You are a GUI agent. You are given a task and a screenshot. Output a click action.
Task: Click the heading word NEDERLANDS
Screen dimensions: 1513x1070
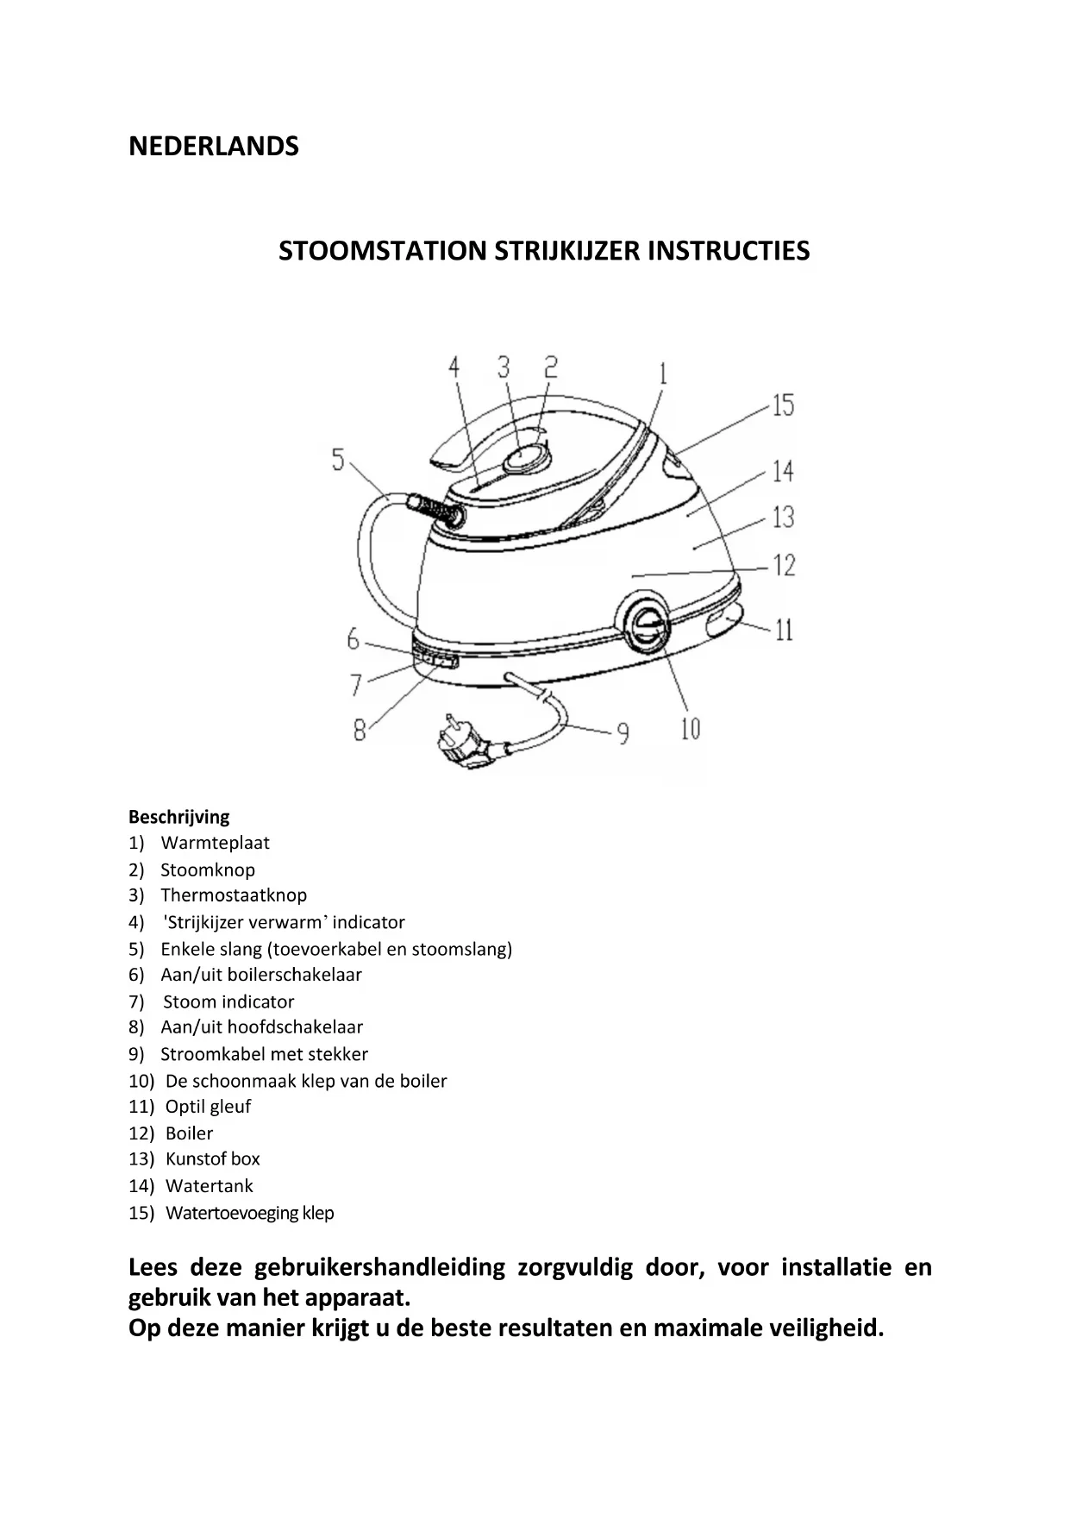tap(213, 146)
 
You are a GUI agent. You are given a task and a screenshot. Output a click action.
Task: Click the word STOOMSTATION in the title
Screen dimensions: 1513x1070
tap(382, 251)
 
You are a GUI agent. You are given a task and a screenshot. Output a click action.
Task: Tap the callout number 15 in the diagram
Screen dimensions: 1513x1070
tap(782, 405)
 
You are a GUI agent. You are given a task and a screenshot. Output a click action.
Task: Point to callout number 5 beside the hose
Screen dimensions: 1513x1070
tap(338, 459)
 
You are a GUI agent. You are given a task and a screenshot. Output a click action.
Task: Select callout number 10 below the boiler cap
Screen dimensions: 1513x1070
tap(691, 729)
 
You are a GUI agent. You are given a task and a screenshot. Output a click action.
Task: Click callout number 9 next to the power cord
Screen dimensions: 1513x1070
tap(622, 734)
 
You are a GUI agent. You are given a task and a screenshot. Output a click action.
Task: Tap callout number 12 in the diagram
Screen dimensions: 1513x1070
tap(784, 567)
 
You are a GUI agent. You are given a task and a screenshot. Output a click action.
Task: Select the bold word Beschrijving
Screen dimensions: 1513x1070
tap(178, 817)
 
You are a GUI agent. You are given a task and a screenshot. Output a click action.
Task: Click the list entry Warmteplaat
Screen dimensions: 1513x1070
tap(215, 843)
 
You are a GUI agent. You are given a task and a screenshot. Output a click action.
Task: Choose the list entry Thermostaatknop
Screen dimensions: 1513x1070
tap(233, 895)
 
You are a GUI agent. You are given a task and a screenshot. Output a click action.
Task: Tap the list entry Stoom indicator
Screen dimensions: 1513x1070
tap(228, 1001)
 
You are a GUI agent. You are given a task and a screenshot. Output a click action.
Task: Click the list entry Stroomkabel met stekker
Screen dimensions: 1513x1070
tap(264, 1054)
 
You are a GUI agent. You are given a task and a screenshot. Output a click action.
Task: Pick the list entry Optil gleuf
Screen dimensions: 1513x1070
tap(208, 1107)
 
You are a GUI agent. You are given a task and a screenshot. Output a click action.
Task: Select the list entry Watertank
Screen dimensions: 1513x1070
tap(210, 1186)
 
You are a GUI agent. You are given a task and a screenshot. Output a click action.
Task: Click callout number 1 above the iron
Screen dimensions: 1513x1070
tap(662, 374)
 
